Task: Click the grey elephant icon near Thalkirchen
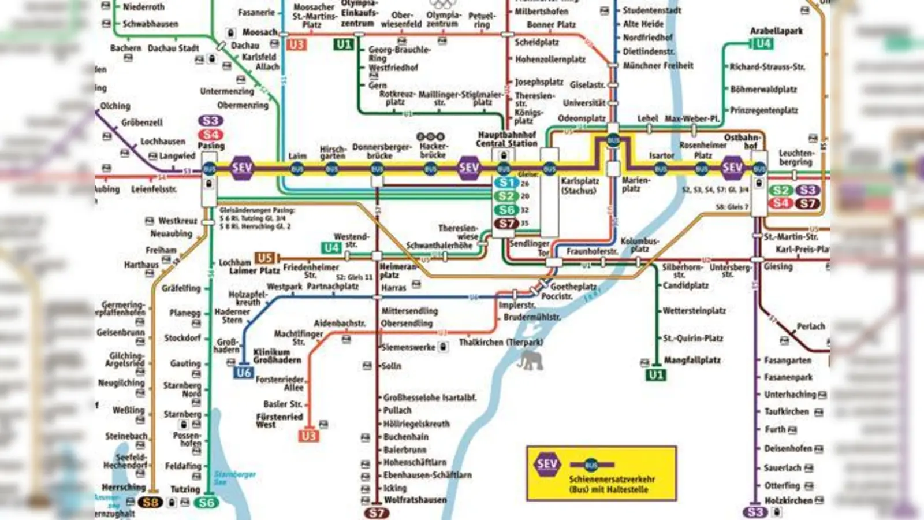pyautogui.click(x=530, y=361)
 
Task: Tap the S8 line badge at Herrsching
pyautogui.click(x=151, y=502)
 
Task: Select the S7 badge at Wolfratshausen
pyautogui.click(x=376, y=512)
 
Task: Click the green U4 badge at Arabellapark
pyautogui.click(x=762, y=43)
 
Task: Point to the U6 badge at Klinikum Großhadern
pyautogui.click(x=244, y=373)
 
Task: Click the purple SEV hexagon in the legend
pyautogui.click(x=546, y=464)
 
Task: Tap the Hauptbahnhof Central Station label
pyautogui.click(x=506, y=139)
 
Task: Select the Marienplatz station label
pyautogui.click(x=635, y=184)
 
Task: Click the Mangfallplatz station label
pyautogui.click(x=692, y=360)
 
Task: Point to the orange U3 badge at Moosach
pyautogui.click(x=296, y=44)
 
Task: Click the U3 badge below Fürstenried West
pyautogui.click(x=308, y=436)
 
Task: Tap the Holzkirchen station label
pyautogui.click(x=788, y=500)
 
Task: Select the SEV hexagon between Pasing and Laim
pyautogui.click(x=241, y=168)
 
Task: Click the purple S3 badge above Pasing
pyautogui.click(x=211, y=121)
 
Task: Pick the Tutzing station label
pyautogui.click(x=185, y=489)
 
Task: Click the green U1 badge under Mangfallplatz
pyautogui.click(x=655, y=375)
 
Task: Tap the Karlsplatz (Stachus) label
pyautogui.click(x=579, y=185)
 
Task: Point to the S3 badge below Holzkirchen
pyautogui.click(x=755, y=512)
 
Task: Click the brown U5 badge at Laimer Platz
pyautogui.click(x=265, y=258)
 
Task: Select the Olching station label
pyautogui.click(x=115, y=106)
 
